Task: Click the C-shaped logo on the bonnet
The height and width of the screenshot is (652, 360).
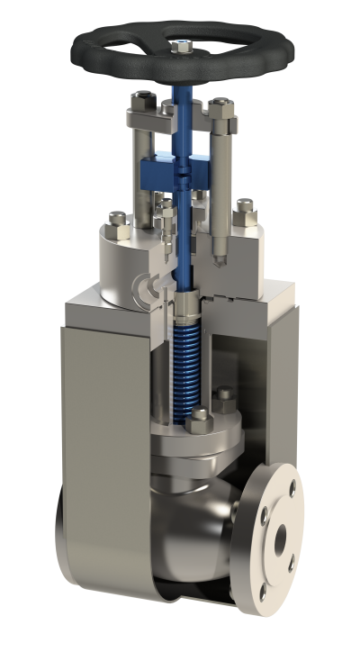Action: coord(142,285)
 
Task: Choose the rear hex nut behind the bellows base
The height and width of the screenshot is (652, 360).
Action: coord(225,394)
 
